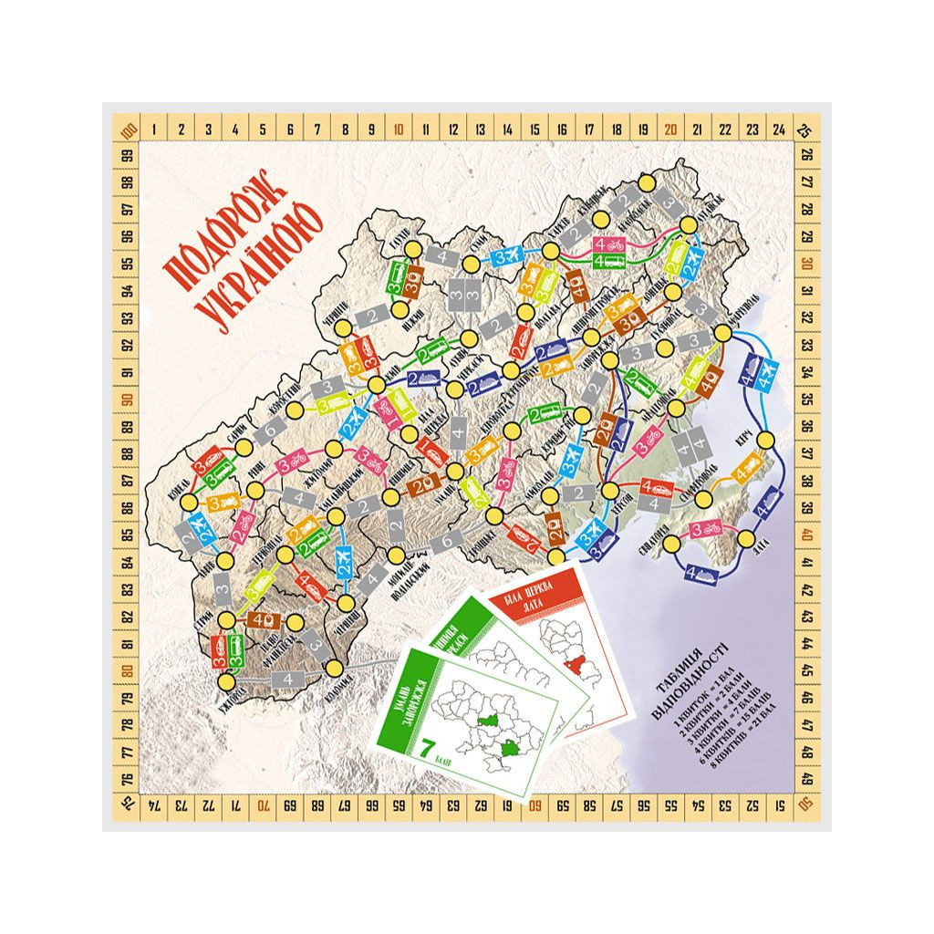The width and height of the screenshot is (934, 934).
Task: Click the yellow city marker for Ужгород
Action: pos(229,680)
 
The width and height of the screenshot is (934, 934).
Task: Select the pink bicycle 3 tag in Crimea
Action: pos(709,528)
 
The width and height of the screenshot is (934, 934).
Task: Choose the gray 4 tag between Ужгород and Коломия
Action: pos(288,680)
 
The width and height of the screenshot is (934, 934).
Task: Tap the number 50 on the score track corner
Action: pos(805,804)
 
